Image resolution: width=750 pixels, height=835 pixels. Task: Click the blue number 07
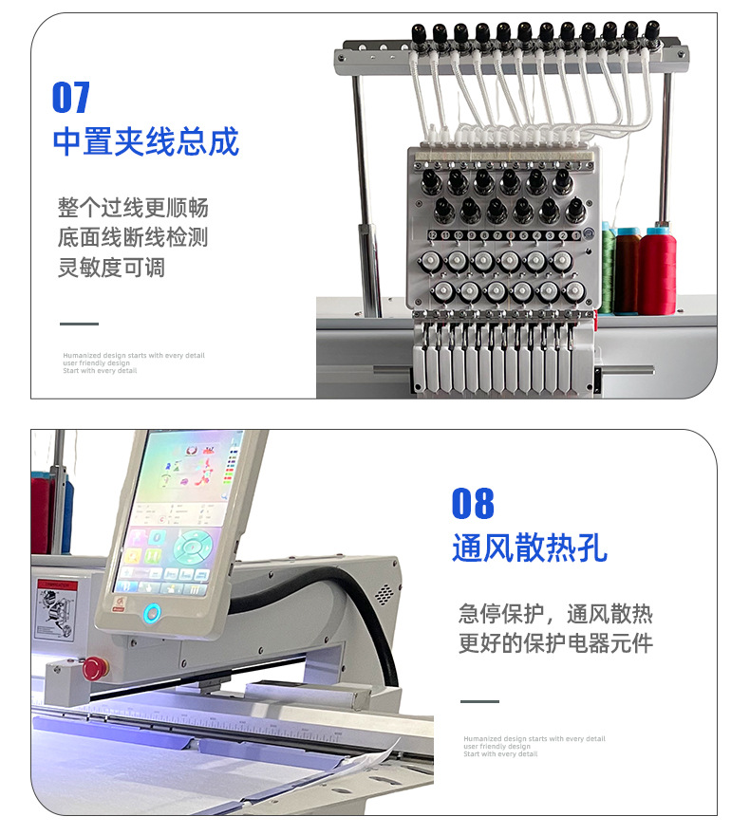click(x=71, y=98)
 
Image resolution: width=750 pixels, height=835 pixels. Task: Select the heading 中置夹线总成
click(x=145, y=142)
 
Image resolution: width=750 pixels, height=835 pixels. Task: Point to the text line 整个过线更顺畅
click(x=132, y=208)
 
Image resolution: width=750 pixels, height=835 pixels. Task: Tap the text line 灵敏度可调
click(x=111, y=268)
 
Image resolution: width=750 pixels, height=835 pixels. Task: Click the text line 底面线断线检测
click(x=132, y=237)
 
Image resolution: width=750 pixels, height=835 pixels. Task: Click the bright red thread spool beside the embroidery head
click(x=657, y=270)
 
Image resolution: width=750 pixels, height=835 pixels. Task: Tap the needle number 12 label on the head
click(x=433, y=235)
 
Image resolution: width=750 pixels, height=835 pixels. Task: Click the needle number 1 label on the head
click(x=575, y=235)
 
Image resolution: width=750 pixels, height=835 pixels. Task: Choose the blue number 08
click(x=473, y=504)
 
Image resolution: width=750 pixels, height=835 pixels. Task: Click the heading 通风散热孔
click(x=529, y=548)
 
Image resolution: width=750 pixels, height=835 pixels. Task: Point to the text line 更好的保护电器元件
click(x=555, y=643)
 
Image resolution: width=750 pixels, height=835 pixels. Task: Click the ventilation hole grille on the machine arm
click(x=384, y=595)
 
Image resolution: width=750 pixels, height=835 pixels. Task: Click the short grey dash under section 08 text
click(x=479, y=702)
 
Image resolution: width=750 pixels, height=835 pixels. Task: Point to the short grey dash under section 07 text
click(x=79, y=325)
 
